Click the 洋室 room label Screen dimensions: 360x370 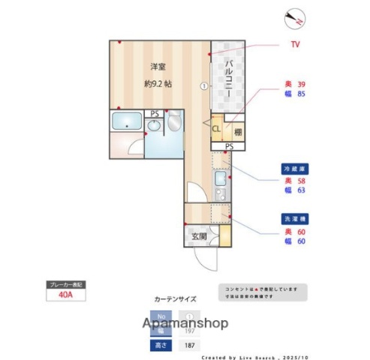156,67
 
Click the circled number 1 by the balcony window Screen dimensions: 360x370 203,85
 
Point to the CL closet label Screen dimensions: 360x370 216,129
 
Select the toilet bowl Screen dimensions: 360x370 173,121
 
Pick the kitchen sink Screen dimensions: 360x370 221,181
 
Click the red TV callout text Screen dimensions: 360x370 295,45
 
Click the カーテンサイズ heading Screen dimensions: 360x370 175,298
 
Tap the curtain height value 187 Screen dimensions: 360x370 190,345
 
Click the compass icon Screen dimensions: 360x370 294,18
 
